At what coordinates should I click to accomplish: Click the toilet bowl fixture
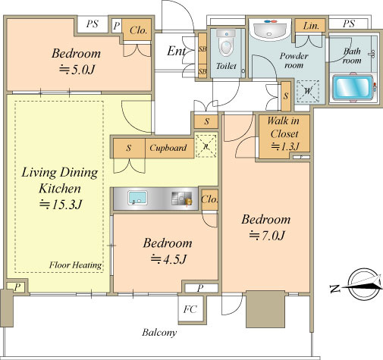(226, 43)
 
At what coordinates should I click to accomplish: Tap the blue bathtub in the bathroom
(353, 87)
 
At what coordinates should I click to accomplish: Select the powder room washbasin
(271, 30)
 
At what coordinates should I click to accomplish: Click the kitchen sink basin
(137, 198)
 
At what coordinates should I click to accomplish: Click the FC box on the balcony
(190, 309)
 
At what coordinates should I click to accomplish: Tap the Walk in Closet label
(284, 127)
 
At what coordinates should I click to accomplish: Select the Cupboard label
(168, 148)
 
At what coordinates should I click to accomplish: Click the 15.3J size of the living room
(61, 205)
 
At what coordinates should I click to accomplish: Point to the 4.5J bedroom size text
(168, 259)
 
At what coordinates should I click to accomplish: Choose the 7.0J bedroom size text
(267, 236)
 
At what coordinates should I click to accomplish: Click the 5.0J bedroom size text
(77, 70)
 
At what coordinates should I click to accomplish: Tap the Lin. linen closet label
(311, 26)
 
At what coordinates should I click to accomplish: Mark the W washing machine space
(308, 91)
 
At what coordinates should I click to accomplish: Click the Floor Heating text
(75, 265)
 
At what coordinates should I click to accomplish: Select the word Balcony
(159, 333)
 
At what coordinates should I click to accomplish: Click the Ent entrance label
(176, 52)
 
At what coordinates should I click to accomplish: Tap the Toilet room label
(226, 66)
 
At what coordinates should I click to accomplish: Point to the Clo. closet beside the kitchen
(209, 199)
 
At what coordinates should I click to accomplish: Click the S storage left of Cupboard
(129, 148)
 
